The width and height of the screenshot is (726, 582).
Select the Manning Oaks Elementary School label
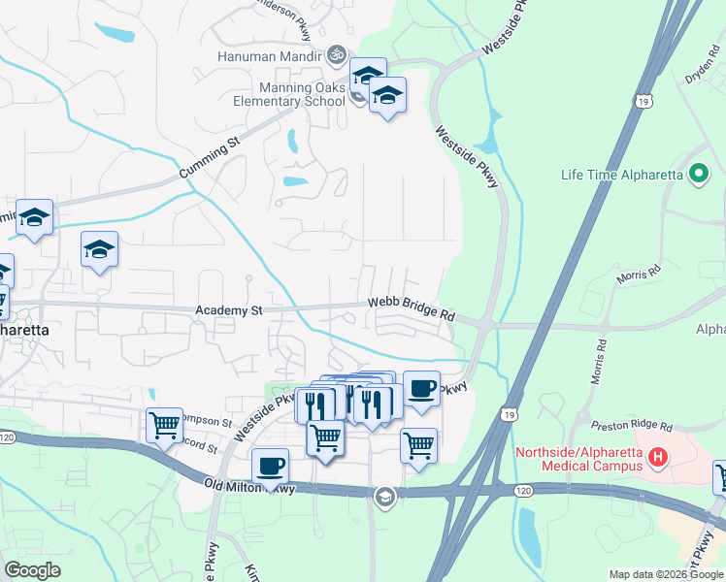289,93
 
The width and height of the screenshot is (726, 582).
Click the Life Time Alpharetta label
622,176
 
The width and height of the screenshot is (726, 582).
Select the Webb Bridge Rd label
412,309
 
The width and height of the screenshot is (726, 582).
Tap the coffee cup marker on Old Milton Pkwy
271,466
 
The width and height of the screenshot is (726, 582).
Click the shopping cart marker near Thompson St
164,424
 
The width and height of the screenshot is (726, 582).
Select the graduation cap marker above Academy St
99,250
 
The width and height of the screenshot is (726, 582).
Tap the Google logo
33,570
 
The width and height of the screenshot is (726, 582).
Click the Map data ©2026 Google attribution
665,574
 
